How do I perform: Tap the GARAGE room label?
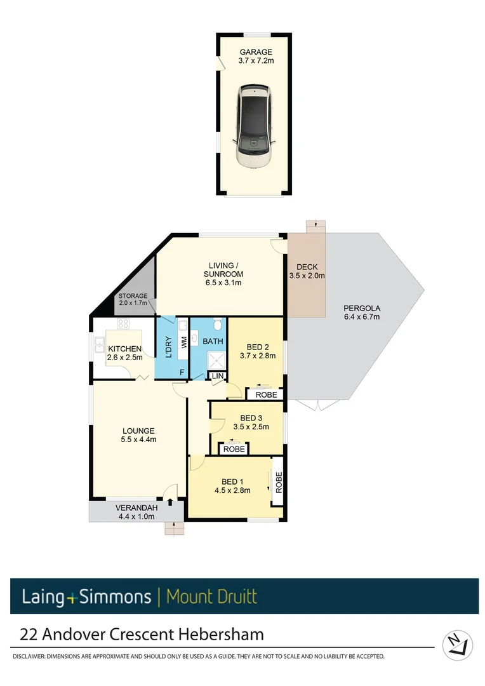point(256,52)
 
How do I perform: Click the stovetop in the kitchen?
point(123,324)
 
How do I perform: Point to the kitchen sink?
point(100,345)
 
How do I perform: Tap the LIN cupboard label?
point(217,377)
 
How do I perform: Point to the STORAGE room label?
point(133,296)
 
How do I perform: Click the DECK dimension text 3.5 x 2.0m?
point(307,276)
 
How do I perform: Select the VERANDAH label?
point(136,508)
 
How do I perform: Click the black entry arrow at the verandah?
point(169,502)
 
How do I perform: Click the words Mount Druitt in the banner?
point(211,596)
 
